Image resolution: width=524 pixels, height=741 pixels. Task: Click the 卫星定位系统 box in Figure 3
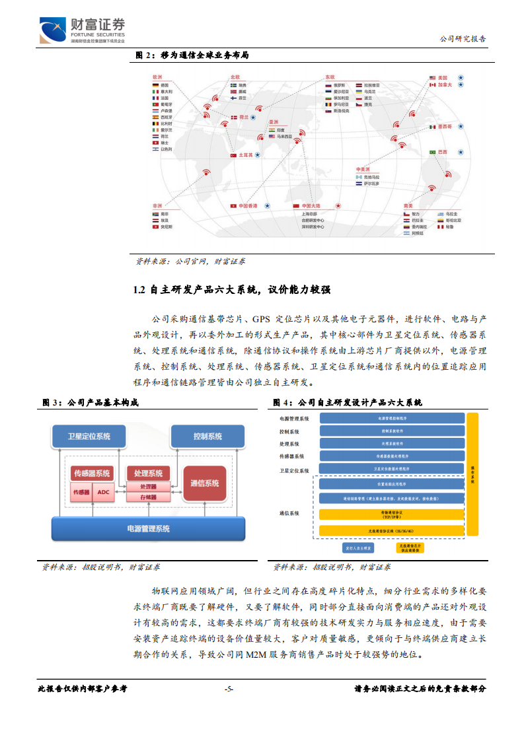click(89, 437)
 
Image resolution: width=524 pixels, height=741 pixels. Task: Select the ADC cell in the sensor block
click(103, 492)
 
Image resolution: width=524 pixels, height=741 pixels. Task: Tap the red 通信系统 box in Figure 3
click(204, 483)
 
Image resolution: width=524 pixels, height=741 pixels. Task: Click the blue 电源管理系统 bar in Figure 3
click(148, 528)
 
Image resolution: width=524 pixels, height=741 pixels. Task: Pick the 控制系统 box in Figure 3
click(207, 437)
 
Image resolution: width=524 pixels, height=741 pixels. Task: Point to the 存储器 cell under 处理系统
click(148, 497)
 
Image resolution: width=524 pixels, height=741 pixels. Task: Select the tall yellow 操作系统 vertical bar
click(472, 474)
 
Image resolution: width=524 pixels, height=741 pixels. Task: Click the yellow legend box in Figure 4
click(410, 547)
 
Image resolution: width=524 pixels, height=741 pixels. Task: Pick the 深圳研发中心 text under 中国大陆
click(313, 227)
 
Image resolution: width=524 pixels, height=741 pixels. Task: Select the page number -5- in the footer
click(229, 689)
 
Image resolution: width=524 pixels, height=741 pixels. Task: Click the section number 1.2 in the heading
click(139, 290)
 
